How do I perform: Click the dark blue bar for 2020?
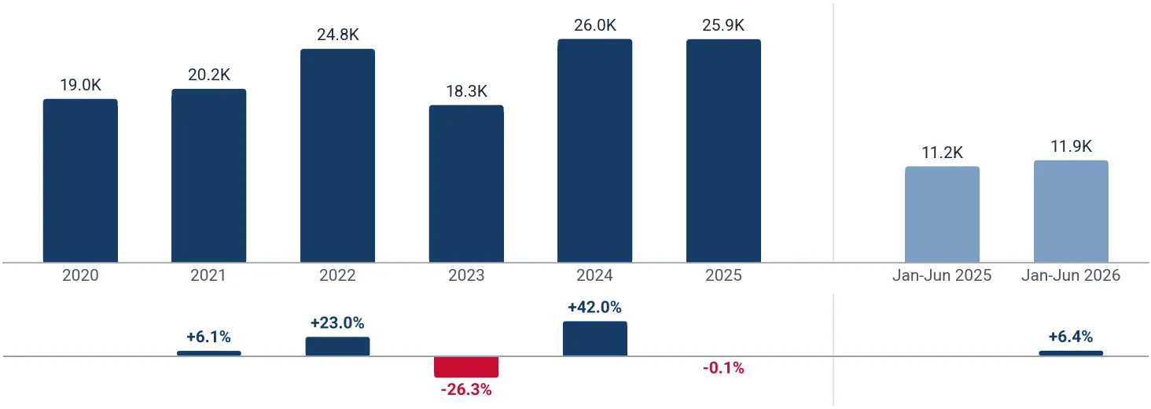[x=80, y=181]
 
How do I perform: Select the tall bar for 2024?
[x=594, y=151]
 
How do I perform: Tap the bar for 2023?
[x=466, y=184]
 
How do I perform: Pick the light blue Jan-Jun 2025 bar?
[x=942, y=214]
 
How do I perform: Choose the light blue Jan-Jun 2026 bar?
[x=1071, y=211]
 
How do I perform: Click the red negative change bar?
[x=466, y=367]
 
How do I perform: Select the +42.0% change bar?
[x=594, y=339]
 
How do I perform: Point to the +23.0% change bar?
[x=337, y=346]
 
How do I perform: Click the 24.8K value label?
[x=337, y=35]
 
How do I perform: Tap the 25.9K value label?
[x=723, y=25]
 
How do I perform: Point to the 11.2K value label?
[x=942, y=153]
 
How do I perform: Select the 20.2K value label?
[x=208, y=75]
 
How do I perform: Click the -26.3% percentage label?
[x=466, y=389]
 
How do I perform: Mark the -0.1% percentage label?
[x=723, y=368]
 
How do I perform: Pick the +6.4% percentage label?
[x=1071, y=337]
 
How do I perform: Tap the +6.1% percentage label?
[x=208, y=337]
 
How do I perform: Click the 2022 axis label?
[x=337, y=275]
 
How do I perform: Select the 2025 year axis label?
[x=723, y=275]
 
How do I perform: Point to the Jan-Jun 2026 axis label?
[x=1071, y=275]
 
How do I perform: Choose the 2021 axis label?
[x=208, y=275]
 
